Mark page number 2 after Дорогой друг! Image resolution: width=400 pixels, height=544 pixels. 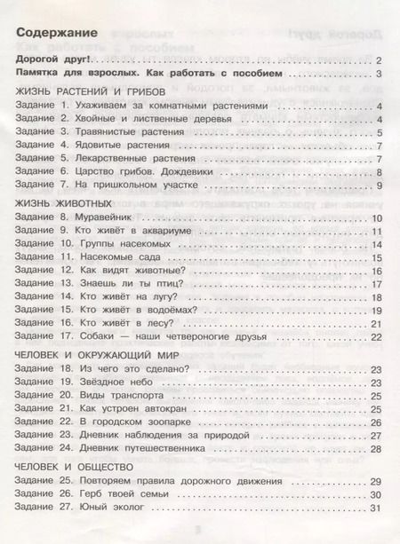point(379,59)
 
